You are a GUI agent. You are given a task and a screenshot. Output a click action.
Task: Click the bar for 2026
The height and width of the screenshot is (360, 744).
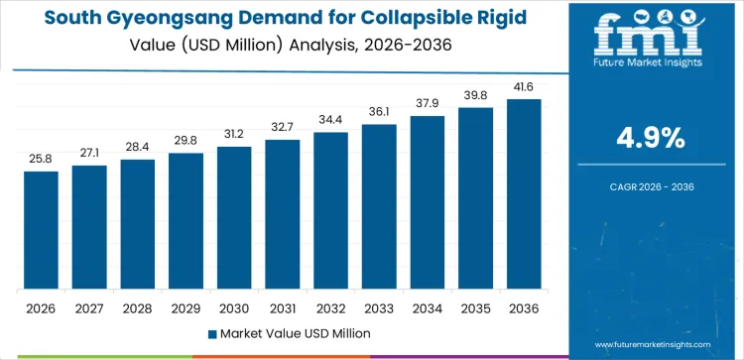(41, 230)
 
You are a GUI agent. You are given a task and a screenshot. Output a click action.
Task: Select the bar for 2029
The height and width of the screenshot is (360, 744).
(186, 221)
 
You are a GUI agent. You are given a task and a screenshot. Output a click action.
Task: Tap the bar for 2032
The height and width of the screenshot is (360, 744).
(330, 210)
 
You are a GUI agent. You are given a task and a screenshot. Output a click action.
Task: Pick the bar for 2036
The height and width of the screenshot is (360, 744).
(524, 194)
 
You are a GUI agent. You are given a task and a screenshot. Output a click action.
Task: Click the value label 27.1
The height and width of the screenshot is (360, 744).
(89, 153)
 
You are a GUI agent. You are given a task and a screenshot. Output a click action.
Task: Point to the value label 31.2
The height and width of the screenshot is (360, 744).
(234, 134)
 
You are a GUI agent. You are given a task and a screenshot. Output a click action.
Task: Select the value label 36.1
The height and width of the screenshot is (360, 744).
(379, 111)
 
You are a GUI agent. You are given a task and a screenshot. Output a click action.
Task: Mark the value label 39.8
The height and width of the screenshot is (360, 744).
(475, 94)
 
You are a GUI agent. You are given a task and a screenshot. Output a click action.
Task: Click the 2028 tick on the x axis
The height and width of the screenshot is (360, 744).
(137, 307)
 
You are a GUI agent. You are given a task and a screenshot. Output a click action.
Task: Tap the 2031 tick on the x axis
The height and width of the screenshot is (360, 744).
(282, 307)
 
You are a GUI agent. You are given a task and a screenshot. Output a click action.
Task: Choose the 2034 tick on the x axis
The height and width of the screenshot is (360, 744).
(428, 307)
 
